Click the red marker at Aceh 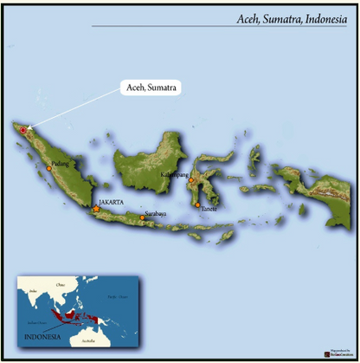pos(23,131)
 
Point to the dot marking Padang pos(49,168)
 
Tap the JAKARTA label pos(113,201)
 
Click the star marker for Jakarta pos(95,209)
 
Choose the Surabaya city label pos(156,212)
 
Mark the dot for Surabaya pos(142,217)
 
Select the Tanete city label pos(209,208)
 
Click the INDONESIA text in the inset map pos(41,336)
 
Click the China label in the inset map pos(60,284)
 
